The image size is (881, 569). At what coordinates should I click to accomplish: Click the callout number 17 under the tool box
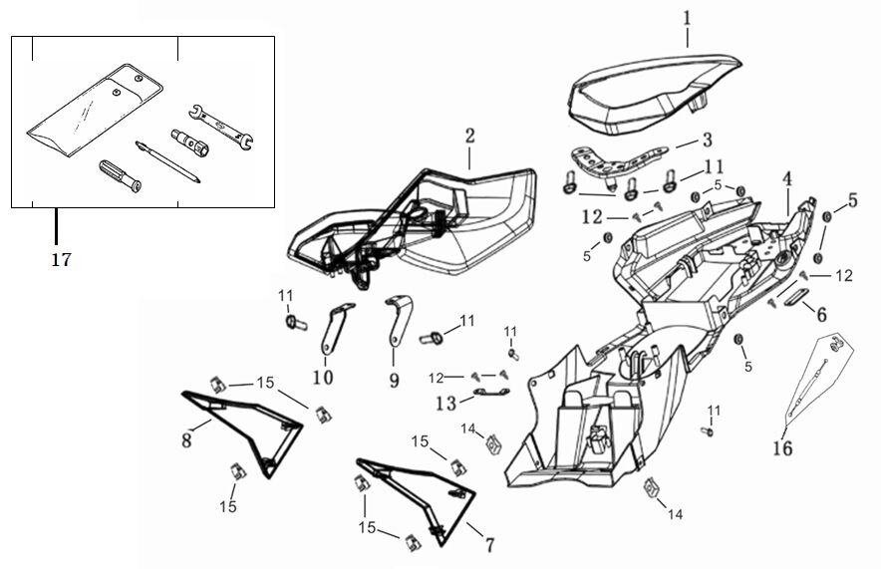tap(61, 259)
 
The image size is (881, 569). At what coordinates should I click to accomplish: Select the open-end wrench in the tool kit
tap(221, 127)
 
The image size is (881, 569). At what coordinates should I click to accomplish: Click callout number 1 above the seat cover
tap(687, 19)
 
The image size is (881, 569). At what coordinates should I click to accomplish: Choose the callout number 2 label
tap(469, 136)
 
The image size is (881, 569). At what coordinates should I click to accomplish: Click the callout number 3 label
tap(707, 140)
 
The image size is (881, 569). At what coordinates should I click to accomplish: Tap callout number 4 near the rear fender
tap(787, 179)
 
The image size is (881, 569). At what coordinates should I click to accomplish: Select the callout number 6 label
tap(821, 315)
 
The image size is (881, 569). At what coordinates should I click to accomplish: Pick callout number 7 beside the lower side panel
tap(489, 545)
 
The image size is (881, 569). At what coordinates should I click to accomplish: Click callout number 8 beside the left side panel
tap(186, 440)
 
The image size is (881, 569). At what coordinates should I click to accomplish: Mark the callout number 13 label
tap(446, 403)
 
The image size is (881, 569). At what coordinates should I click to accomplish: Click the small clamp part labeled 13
tap(491, 392)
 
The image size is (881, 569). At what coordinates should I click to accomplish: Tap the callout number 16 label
tap(782, 448)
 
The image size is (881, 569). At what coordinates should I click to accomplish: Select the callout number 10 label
tap(323, 377)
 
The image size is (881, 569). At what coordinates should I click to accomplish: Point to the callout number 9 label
tap(394, 381)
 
